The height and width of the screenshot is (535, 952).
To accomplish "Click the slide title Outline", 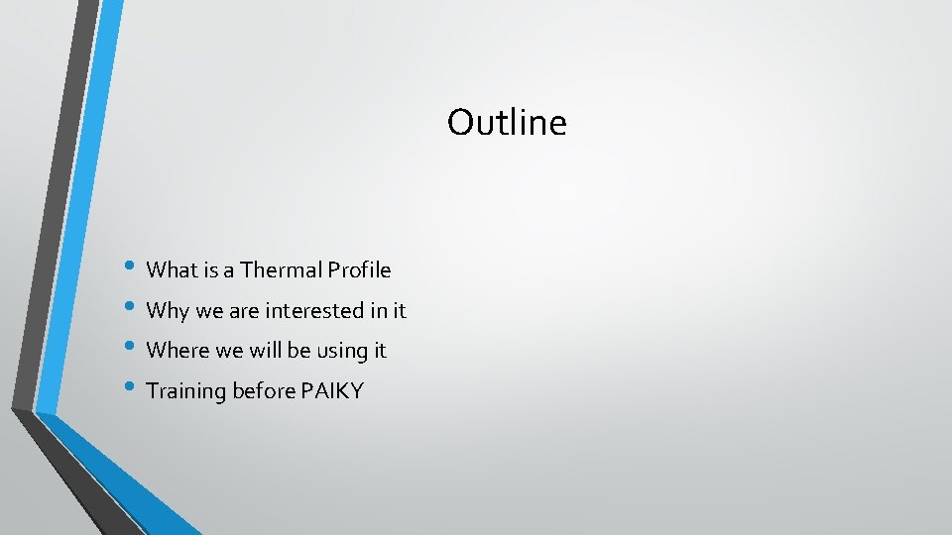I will pos(507,123).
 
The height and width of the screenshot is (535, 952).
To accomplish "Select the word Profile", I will pos(359,270).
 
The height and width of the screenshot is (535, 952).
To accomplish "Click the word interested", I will pos(313,311).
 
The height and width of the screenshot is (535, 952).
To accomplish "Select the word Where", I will pos(175,351).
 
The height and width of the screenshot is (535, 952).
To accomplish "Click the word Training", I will pos(186,391).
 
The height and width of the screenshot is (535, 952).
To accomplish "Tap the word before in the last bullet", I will pos(263,391).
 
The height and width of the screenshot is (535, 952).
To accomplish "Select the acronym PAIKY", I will pos(332,391).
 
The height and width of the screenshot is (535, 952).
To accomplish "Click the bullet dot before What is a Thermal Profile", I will pos(133,268).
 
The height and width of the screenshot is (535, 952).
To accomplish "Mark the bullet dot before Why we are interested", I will pos(133,309).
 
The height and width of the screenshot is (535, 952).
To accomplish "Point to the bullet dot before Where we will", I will pos(133,349).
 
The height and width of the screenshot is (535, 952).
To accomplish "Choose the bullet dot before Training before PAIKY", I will pos(133,389).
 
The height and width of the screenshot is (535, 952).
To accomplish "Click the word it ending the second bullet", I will pos(400,311).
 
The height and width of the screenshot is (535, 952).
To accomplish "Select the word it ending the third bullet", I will pos(380,351).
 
